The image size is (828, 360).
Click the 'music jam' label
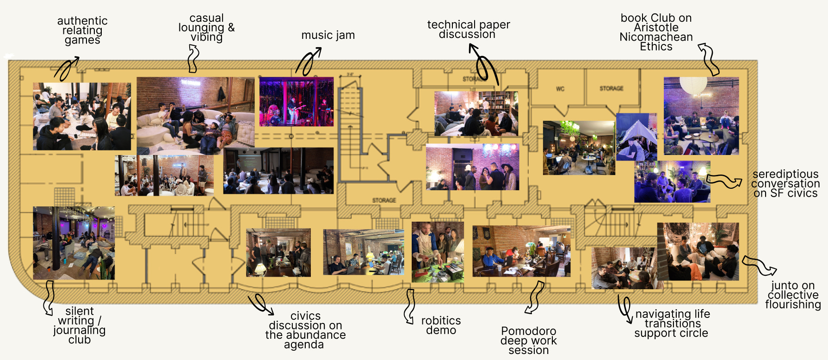(x=328, y=35)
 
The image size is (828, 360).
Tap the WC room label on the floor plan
(x=560, y=88)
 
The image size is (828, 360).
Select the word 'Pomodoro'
(x=528, y=331)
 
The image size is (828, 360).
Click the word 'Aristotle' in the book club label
(x=656, y=27)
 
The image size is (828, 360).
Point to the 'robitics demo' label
(x=441, y=325)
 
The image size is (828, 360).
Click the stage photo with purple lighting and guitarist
(x=296, y=102)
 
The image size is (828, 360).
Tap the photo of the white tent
(x=636, y=137)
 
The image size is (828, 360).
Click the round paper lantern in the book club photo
(x=693, y=85)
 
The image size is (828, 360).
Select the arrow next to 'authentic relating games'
(x=67, y=68)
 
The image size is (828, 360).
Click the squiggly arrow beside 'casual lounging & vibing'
(x=193, y=59)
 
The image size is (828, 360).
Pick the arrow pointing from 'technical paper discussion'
(x=483, y=65)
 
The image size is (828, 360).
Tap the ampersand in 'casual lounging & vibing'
(x=231, y=27)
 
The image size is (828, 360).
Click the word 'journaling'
(x=79, y=330)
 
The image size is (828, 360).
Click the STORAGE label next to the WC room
(x=611, y=88)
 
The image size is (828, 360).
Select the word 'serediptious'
(x=785, y=174)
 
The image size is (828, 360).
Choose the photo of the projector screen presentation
(x=278, y=170)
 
